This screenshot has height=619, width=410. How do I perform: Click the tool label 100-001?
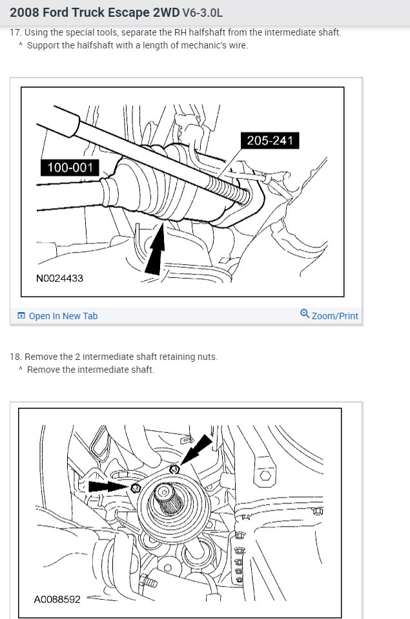pos(70,168)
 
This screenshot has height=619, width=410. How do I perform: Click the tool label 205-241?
pos(270,140)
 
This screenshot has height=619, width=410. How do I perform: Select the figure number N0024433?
pos(59,278)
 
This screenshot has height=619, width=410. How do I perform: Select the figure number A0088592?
pos(57,599)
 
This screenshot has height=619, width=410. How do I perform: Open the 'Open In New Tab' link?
pos(63,316)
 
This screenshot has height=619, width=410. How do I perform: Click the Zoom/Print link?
pos(334,316)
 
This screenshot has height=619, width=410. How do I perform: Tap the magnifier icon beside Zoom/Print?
pos(305,315)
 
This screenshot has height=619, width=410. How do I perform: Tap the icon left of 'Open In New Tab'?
pos(21,316)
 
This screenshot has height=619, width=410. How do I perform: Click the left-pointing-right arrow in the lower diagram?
pos(110,486)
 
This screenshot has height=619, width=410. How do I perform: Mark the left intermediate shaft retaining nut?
pos(135,488)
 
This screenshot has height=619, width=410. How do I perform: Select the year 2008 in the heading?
pos(23,12)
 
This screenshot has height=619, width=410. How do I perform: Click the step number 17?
pos(15,32)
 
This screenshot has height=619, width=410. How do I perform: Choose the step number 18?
pos(15,357)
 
